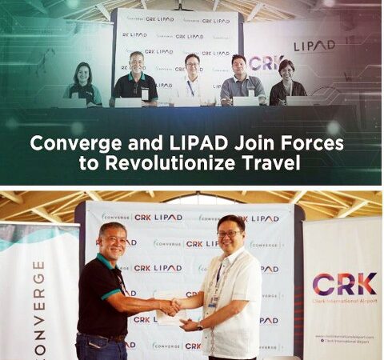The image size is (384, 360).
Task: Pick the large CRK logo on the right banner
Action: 345,284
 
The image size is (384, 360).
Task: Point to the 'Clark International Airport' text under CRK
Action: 345,302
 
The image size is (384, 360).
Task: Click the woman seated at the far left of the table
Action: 82,84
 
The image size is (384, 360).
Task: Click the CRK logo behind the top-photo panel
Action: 262,62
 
